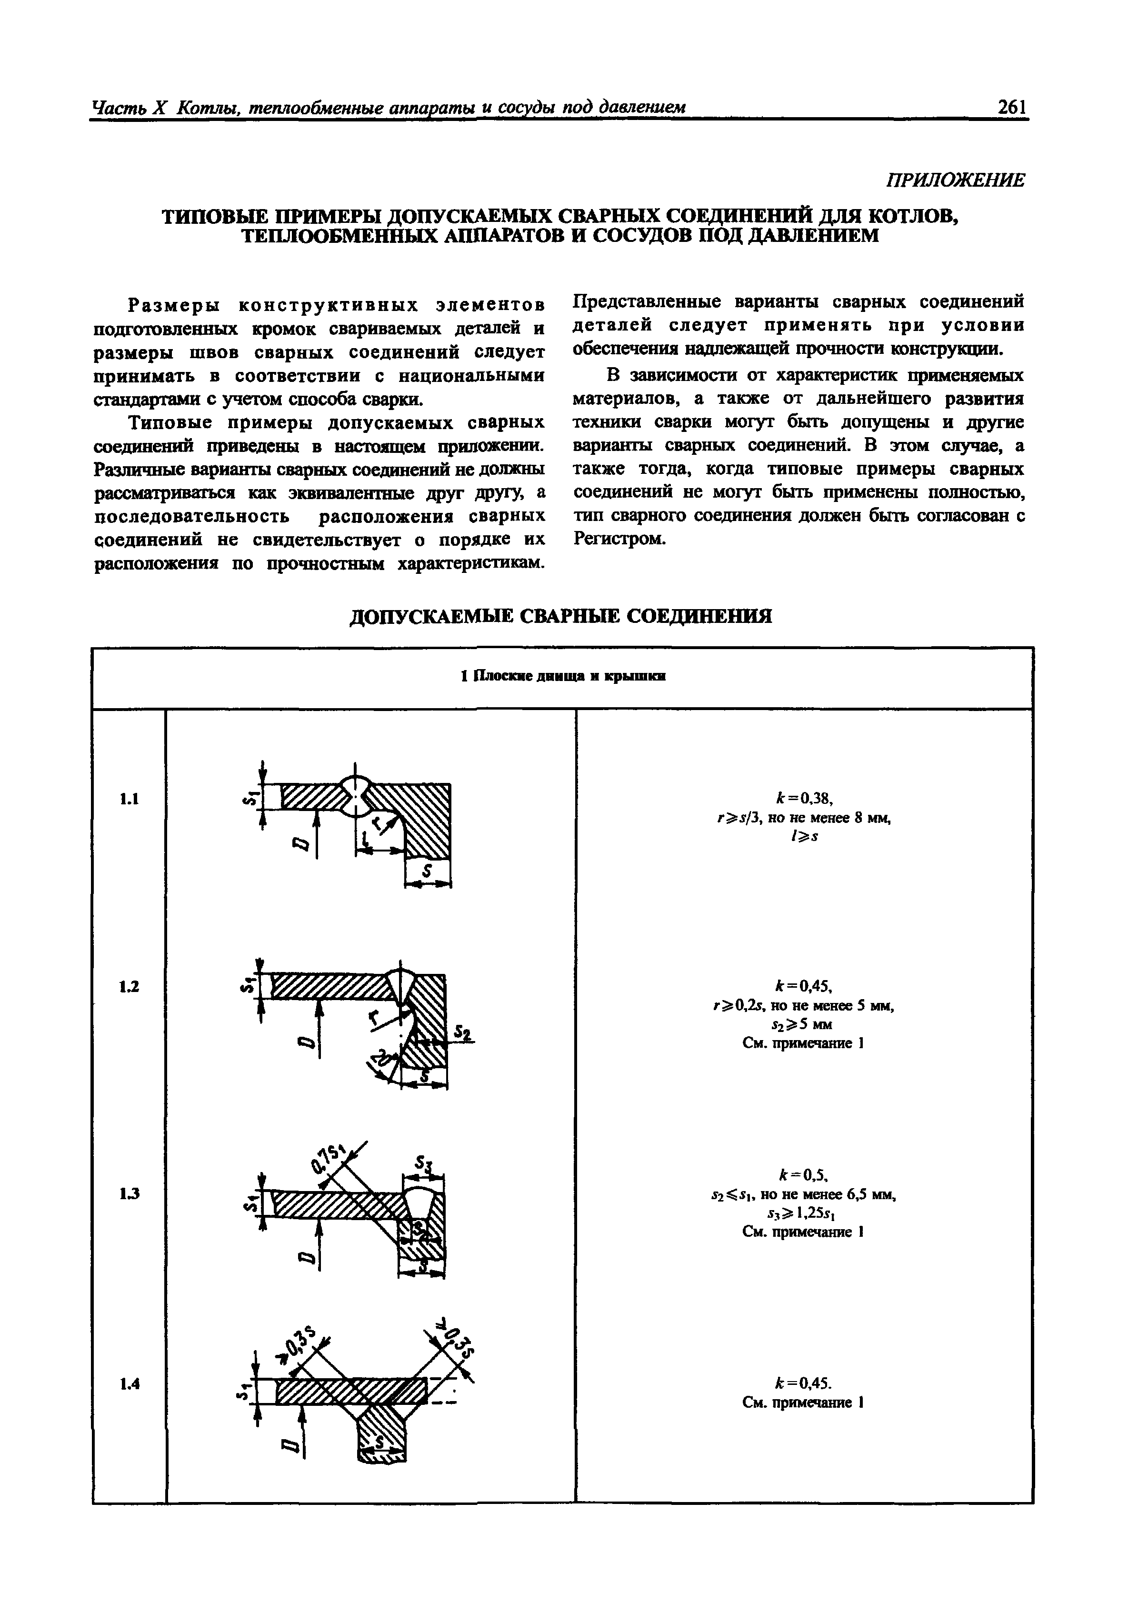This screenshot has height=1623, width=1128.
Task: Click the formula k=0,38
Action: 804,799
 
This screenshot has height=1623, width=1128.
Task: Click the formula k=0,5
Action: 804,1175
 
